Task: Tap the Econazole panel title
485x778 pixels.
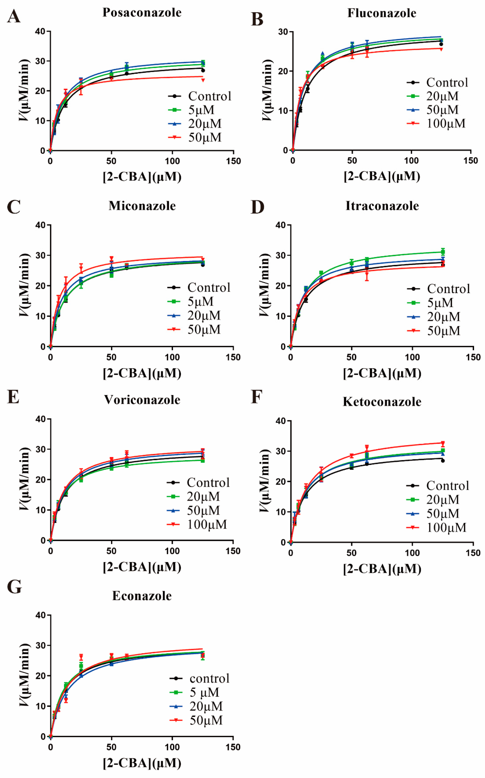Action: pos(142,596)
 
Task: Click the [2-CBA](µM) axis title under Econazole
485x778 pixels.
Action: pos(142,763)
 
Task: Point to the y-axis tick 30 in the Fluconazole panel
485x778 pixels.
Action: pos(283,32)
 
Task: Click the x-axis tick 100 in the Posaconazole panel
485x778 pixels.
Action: pos(172,161)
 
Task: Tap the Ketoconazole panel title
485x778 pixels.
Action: pos(382,402)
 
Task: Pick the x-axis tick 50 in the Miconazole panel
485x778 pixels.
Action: pos(111,357)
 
